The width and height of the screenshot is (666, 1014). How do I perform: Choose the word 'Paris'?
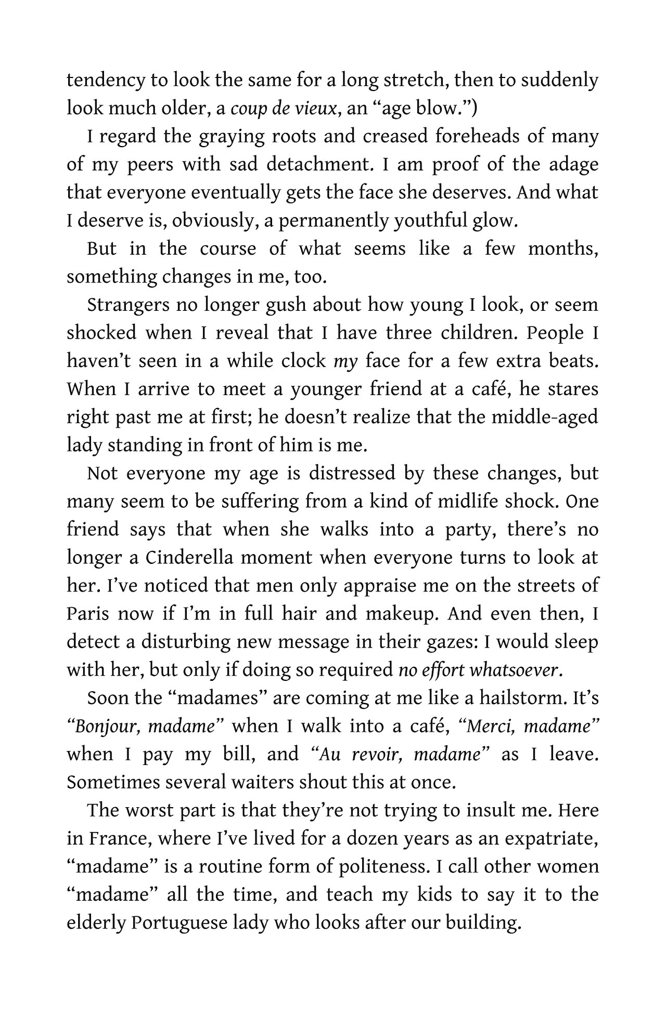pos(88,614)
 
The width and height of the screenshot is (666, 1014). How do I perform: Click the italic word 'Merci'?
pos(488,726)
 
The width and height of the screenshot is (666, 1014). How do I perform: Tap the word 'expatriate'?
pos(554,838)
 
